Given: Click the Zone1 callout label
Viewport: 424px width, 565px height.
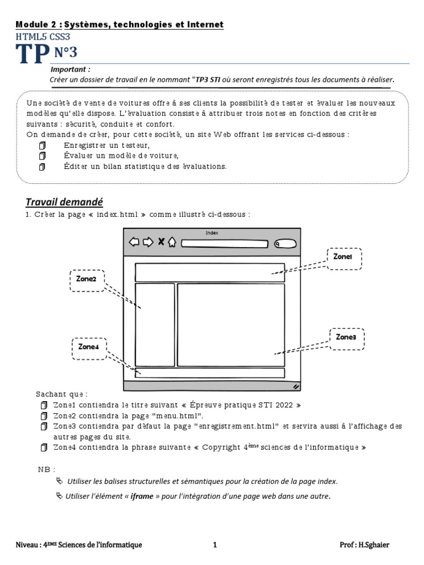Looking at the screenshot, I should coord(346,257).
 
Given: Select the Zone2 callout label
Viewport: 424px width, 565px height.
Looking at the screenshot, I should coord(87,279).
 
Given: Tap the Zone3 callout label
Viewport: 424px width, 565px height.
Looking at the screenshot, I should coord(347,337).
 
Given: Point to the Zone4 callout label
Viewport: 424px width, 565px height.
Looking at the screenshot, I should coord(88,347).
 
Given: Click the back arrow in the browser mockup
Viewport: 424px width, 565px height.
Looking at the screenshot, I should coord(134,242).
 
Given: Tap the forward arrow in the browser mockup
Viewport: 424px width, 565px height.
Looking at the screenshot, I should coord(148,242).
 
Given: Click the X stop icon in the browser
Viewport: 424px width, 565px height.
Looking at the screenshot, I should coord(161,242).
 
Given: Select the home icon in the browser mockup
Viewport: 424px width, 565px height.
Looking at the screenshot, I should coord(172,242).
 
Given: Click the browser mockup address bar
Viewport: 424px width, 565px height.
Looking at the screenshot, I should coord(224,243).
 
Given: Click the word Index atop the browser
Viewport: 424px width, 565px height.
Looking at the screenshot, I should coord(212,233).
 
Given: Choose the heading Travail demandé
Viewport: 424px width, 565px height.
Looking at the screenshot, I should coord(65,202).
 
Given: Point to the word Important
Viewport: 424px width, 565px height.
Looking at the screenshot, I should coord(70,70).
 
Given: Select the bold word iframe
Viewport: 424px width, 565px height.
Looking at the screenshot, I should coord(141,496).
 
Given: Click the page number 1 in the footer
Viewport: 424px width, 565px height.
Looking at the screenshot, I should coord(215,545).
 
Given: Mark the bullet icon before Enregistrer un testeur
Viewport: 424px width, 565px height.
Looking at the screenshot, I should coord(43,146).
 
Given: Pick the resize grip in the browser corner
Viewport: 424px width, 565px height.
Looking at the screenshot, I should coord(296,387).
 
